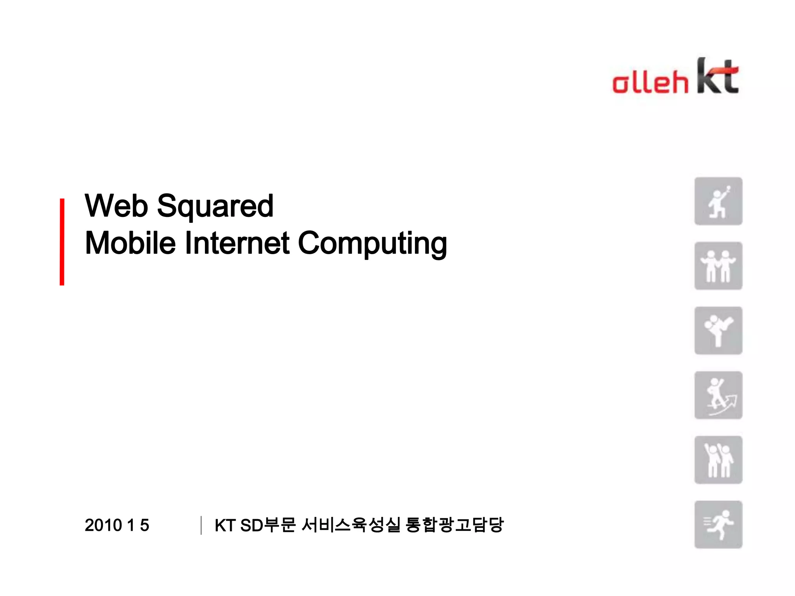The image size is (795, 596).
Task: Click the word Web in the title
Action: point(116,206)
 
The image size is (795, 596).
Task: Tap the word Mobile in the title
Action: point(130,243)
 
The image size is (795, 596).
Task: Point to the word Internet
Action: point(237,243)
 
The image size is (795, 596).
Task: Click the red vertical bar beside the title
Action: point(62,242)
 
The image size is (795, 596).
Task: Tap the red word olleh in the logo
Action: point(650,82)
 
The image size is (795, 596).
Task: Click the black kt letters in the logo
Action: point(717,76)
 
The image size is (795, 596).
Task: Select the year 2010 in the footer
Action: point(103,525)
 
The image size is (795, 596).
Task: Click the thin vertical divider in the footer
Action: point(201,525)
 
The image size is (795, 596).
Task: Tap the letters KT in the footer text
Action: point(225,525)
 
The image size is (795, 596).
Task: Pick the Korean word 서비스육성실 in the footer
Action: point(351,525)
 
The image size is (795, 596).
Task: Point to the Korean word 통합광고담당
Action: point(454,525)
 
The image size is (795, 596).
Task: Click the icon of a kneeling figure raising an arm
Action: point(718,201)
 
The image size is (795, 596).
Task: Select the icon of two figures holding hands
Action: point(718,266)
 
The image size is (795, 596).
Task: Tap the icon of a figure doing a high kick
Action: point(718,331)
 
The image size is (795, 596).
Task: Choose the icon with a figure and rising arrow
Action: point(718,395)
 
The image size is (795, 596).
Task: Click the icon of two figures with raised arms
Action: point(718,460)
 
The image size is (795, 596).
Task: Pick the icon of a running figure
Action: point(718,525)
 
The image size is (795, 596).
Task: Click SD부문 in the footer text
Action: point(268,525)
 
